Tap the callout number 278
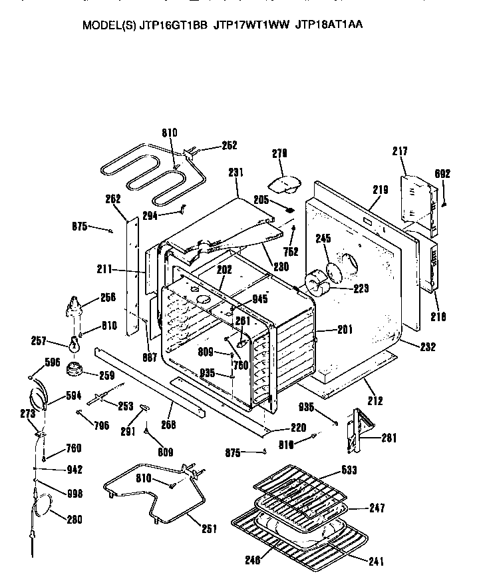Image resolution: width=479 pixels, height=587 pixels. [x=280, y=154]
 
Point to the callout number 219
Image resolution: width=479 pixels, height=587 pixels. [x=380, y=190]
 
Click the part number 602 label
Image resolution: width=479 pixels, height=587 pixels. [x=442, y=175]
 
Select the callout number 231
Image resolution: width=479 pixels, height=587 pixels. [x=236, y=173]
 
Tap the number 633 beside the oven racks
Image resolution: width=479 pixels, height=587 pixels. [x=348, y=470]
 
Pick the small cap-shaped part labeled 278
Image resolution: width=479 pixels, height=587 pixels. [x=284, y=182]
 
